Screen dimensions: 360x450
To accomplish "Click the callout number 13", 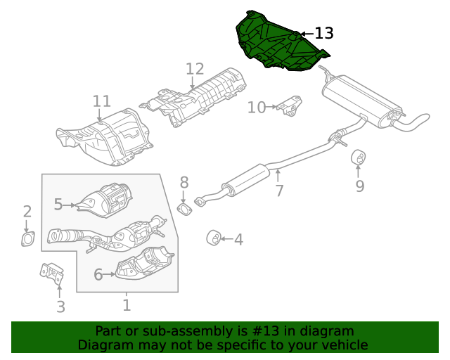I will [323, 33].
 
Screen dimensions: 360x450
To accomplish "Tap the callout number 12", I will [195, 69].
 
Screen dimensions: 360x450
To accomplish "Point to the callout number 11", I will [102, 101].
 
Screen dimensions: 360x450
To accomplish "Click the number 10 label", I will [257, 107].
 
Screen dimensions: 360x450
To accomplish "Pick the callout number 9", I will [359, 186].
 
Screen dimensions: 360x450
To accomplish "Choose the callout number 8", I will [184, 183].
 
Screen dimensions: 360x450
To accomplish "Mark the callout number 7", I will [279, 191].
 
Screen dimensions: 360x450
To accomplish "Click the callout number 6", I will [98, 275].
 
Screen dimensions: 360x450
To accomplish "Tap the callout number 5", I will [58, 205].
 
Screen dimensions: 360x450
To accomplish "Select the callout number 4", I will [238, 240].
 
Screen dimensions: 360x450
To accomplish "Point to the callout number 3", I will [60, 307].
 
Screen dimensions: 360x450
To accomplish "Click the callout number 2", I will [27, 212].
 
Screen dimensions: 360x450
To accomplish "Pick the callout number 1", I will [127, 305].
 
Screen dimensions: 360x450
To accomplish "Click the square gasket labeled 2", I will [27, 240].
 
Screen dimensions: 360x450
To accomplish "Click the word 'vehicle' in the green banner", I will [342, 345].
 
